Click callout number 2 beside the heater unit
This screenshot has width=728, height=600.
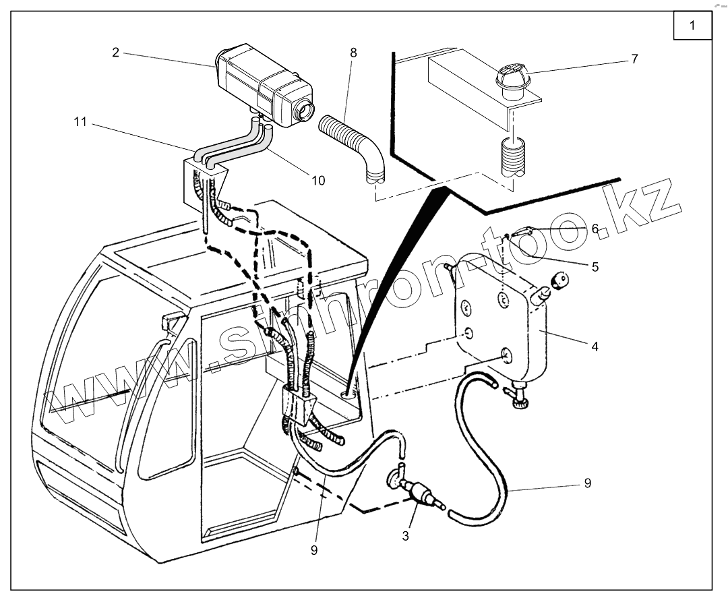pyautogui.click(x=116, y=52)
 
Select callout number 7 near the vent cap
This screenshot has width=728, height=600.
pyautogui.click(x=634, y=59)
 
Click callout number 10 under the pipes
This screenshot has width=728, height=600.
pyautogui.click(x=318, y=180)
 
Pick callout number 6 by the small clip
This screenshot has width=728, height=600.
pyautogui.click(x=595, y=229)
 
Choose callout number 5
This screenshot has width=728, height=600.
pyautogui.click(x=595, y=266)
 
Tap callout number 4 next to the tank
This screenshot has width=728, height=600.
pyautogui.click(x=595, y=347)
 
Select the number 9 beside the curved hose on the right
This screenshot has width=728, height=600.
pyautogui.click(x=588, y=483)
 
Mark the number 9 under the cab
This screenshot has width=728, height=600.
pyautogui.click(x=314, y=549)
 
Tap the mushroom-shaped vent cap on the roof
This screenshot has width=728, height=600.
pyautogui.click(x=513, y=76)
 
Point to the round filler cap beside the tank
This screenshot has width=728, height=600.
pyautogui.click(x=559, y=279)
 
